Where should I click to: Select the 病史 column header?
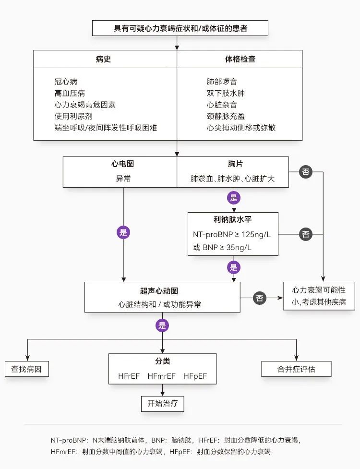tap(103, 59)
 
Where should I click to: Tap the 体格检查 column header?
tap(240, 59)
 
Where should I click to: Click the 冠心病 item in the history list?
tap(66, 82)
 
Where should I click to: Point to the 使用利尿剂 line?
tap(73, 116)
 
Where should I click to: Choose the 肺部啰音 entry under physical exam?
tap(222, 82)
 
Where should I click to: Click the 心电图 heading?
tap(123, 164)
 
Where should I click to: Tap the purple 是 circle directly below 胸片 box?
tap(234, 198)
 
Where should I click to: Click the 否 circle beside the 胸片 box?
tap(306, 171)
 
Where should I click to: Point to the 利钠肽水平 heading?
tap(233, 220)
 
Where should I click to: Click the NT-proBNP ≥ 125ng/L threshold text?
tap(228, 235)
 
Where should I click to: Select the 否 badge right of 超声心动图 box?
tap(260, 298)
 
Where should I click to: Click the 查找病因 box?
tap(27, 370)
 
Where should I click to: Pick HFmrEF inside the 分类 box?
tap(162, 376)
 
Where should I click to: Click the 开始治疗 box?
tap(163, 403)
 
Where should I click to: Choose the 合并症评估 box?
tap(297, 369)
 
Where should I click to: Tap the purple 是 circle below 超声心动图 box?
tap(162, 326)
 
